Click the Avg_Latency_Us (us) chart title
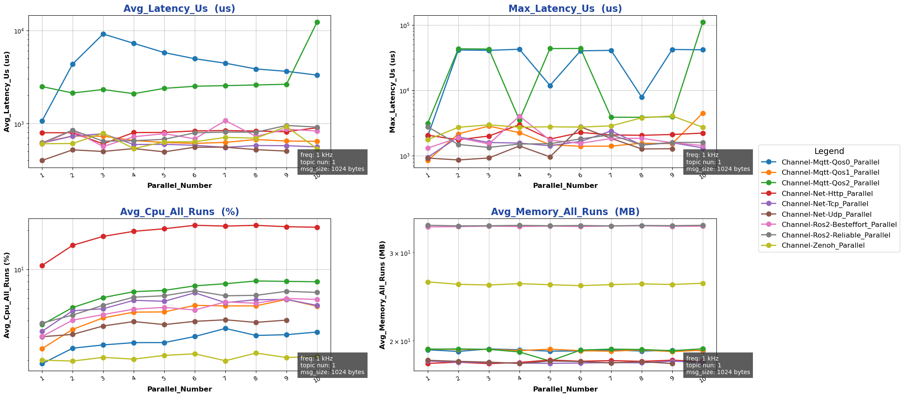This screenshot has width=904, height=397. [x=179, y=9]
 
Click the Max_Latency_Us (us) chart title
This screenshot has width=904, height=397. [x=565, y=9]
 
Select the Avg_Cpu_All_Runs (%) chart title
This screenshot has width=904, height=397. [x=179, y=212]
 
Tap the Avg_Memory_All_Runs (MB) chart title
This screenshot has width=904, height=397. [x=565, y=212]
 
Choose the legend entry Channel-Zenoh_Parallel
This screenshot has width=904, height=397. [x=823, y=246]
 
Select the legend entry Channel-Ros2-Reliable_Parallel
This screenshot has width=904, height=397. [x=836, y=235]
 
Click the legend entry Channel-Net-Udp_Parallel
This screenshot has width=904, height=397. [x=826, y=214]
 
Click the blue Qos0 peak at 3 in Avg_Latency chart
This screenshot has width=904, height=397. [x=103, y=34]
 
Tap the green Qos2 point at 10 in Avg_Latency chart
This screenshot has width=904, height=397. [x=317, y=22]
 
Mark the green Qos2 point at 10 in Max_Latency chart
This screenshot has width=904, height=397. [x=703, y=22]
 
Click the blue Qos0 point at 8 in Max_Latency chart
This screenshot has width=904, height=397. [x=642, y=97]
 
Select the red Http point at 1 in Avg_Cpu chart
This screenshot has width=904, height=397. [x=42, y=266]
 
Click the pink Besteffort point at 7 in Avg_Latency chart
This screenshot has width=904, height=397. [x=225, y=120]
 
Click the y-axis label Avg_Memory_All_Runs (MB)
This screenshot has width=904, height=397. [x=382, y=295]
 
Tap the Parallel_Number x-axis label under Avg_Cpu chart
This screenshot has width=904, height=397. [x=179, y=389]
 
